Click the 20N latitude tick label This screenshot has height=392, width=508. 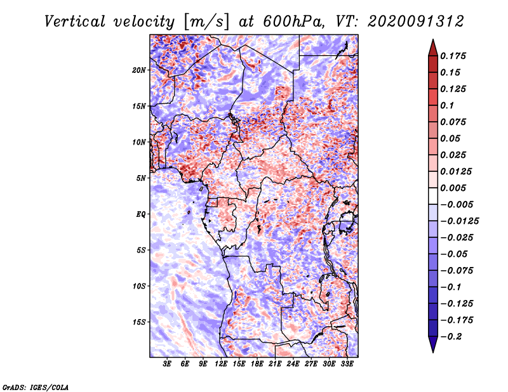(139, 70)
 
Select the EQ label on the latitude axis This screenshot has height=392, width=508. (140, 214)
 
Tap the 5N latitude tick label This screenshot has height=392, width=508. (141, 178)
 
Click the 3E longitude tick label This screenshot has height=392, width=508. (167, 364)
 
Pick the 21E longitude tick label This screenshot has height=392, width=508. (275, 364)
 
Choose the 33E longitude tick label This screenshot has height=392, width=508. (347, 364)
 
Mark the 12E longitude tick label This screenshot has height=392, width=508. (221, 364)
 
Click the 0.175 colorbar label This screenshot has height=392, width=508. (453, 56)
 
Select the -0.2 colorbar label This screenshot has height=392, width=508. (451, 337)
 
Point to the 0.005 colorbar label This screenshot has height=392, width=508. (453, 188)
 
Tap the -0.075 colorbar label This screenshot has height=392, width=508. (457, 271)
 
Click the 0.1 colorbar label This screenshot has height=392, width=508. (447, 105)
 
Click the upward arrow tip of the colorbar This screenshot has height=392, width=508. (433, 39)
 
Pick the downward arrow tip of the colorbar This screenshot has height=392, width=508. (433, 352)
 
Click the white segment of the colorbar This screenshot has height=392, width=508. (433, 196)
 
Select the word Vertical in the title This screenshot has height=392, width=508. (75, 22)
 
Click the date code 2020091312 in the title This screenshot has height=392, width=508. (416, 22)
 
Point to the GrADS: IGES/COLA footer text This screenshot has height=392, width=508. (36, 388)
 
